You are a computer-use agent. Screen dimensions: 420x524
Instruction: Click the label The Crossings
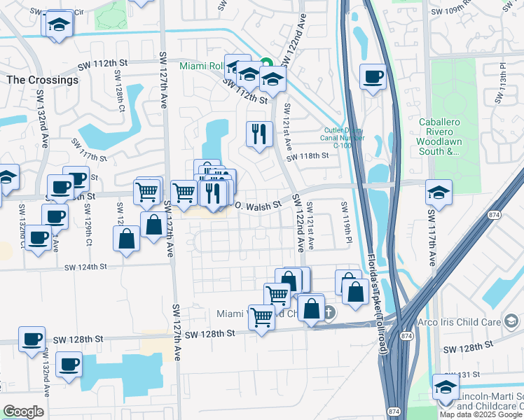coord(42,80)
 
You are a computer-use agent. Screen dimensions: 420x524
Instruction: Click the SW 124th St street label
coord(85,267)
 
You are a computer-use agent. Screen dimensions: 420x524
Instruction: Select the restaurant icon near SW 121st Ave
coord(259,132)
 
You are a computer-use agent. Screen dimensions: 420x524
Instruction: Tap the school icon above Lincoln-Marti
coord(446,386)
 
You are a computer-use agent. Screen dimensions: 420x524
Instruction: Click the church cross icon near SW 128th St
coord(329,312)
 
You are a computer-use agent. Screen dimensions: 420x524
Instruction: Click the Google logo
coord(23,412)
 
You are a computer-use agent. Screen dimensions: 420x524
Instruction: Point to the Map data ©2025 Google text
coord(481,414)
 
